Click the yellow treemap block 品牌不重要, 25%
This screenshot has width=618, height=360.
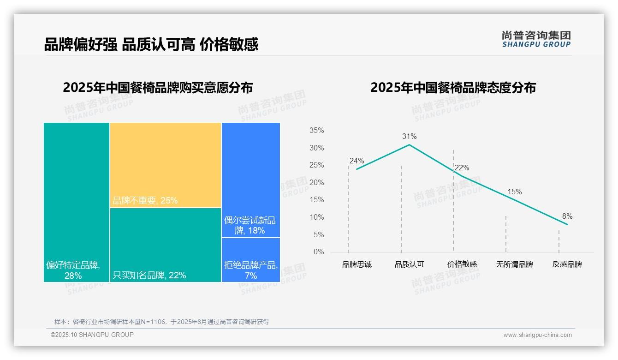[x=166, y=165]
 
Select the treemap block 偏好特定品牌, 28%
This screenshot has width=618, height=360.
[x=77, y=202]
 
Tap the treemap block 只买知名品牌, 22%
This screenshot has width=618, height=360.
[x=166, y=245]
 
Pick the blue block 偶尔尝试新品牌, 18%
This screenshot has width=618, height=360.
[x=250, y=180]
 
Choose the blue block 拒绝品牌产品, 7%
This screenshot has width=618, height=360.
[x=250, y=260]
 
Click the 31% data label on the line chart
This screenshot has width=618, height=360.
[x=409, y=136]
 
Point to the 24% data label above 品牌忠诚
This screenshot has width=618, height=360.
[x=357, y=161]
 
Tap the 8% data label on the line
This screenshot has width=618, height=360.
[x=567, y=216]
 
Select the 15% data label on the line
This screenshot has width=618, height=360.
[x=514, y=192]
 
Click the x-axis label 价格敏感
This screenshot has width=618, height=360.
[x=462, y=264]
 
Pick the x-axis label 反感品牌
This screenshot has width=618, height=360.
[x=567, y=264]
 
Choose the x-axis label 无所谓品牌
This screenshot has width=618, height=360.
[x=514, y=264]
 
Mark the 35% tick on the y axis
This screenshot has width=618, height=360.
[x=316, y=131]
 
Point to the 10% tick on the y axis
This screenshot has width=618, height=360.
[x=316, y=217]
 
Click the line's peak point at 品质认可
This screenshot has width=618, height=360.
[x=409, y=144]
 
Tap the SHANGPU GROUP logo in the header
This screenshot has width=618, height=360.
[x=536, y=39]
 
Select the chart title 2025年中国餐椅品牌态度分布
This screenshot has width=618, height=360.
[x=453, y=88]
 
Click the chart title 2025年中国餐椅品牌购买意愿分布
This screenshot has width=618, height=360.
[x=158, y=88]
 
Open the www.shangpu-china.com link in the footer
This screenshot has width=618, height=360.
[x=537, y=335]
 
